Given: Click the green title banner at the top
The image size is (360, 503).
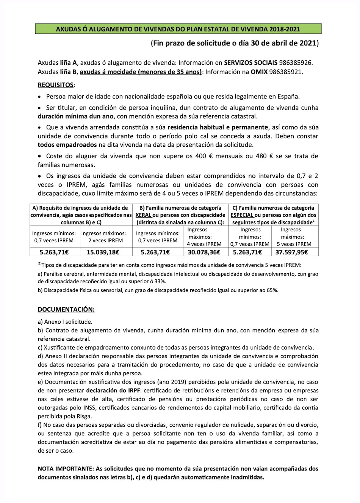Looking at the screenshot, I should pos(178,29).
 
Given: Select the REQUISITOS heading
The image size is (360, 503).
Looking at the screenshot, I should pos(55,85).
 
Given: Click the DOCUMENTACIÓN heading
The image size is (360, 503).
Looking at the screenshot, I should pos(66,309).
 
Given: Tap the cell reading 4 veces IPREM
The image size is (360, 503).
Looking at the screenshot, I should pos(204,244).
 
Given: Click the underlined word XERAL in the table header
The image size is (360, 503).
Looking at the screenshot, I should pos(144,215).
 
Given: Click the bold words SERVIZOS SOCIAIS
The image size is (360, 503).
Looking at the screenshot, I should pos(250,63).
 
